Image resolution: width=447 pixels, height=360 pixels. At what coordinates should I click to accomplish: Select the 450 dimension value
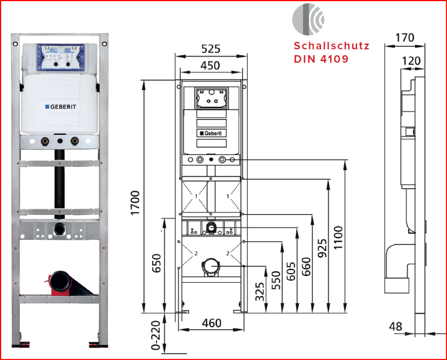click(210, 66)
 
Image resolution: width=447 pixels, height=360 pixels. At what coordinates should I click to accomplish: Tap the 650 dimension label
click(156, 263)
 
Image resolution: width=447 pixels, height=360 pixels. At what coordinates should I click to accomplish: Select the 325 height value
click(261, 291)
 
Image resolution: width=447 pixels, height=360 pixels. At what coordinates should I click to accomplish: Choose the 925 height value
click(322, 247)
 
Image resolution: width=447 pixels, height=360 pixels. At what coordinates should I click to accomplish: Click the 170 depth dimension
click(404, 38)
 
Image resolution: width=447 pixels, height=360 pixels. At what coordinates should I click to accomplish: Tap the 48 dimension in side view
click(396, 326)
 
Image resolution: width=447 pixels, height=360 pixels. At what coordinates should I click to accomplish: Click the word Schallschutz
click(331, 45)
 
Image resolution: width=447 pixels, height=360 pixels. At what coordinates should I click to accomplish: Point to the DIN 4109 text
click(321, 59)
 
